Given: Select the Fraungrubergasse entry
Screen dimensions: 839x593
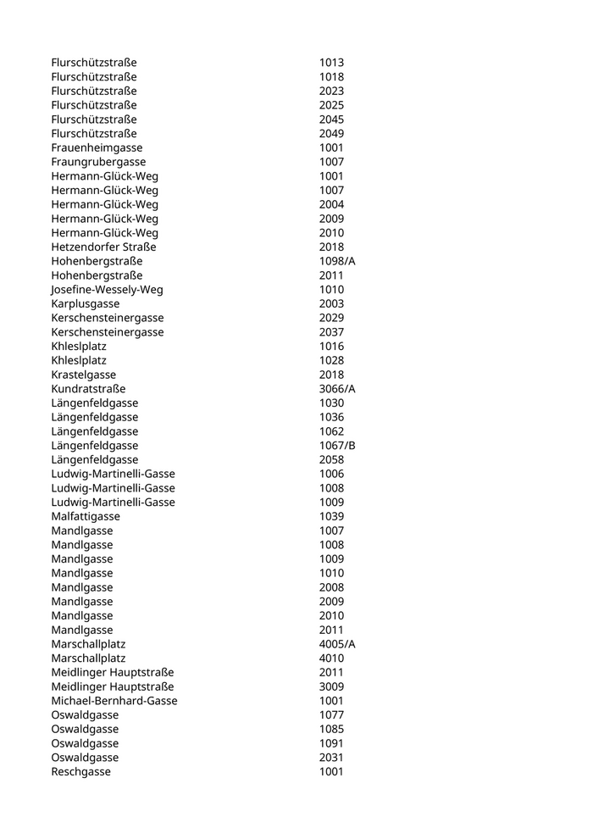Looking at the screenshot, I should [x=98, y=162].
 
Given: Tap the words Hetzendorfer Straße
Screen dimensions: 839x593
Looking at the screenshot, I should [x=103, y=247].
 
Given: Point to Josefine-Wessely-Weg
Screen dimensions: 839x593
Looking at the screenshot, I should [x=107, y=289].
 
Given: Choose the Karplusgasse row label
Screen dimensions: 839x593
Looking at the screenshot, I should [x=85, y=303].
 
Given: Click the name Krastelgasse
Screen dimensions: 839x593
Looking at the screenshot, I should [x=83, y=375].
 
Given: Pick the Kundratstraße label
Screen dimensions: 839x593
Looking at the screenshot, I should [x=88, y=388].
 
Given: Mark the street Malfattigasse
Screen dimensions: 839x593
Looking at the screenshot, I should [x=85, y=516].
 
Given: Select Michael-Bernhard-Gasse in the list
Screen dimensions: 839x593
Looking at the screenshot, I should [x=114, y=701].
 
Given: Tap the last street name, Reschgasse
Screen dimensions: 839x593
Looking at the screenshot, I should [x=80, y=771].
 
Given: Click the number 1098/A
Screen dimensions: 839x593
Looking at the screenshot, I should [x=337, y=261].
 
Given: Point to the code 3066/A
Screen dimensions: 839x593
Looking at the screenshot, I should [x=337, y=388].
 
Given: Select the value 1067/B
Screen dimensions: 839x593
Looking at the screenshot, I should [x=337, y=445].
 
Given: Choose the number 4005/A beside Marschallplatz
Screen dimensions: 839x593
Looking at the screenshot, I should [x=337, y=644].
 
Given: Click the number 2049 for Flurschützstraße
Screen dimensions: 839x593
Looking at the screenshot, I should [x=331, y=133].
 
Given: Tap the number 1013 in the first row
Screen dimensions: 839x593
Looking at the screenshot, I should [x=331, y=63].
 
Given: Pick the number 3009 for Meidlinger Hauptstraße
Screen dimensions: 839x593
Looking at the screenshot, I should [x=331, y=686].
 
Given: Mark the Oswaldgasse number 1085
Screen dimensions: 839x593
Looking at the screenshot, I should [x=331, y=729].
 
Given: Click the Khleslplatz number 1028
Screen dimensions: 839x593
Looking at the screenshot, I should [x=331, y=360].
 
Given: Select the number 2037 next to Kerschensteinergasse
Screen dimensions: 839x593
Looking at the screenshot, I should [x=331, y=331].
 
